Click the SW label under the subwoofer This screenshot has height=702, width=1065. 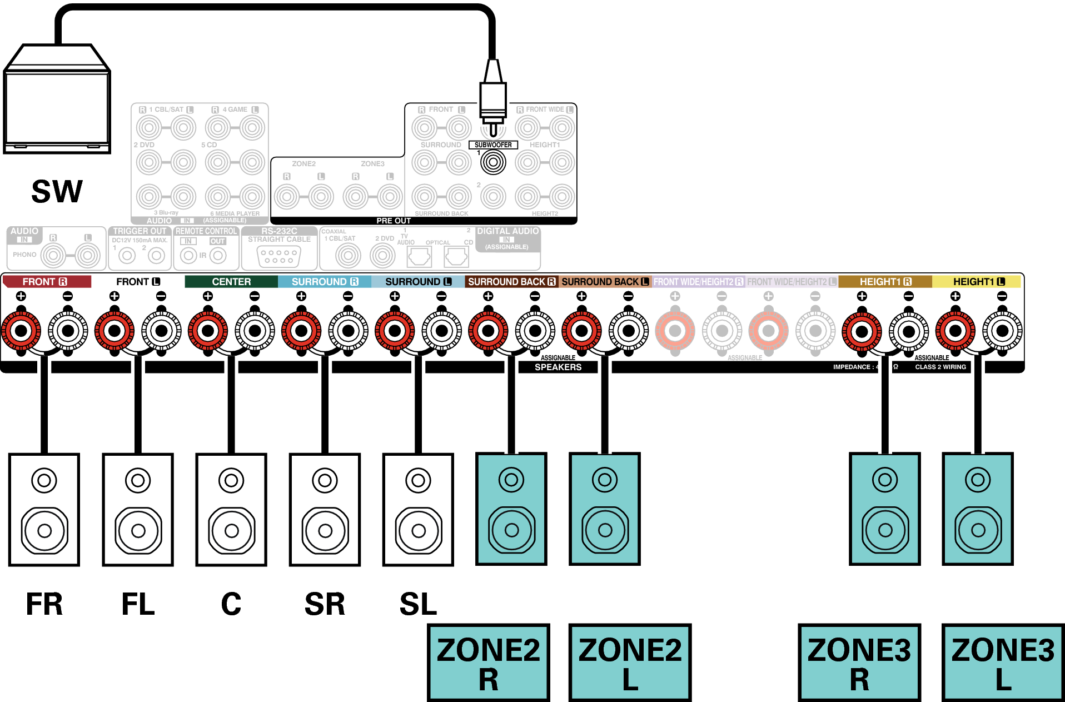tap(57, 191)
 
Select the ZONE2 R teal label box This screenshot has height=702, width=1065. tap(488, 663)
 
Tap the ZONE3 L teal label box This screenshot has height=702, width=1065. tap(1003, 663)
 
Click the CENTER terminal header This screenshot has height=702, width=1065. tap(231, 282)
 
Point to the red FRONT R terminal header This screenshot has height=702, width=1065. tap(46, 282)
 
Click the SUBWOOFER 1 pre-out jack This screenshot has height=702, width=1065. tap(493, 162)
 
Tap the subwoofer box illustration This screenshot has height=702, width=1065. tap(57, 100)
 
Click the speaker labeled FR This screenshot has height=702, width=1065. tap(44, 509)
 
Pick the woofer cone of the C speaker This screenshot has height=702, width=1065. tap(232, 531)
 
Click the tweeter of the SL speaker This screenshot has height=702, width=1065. tap(418, 480)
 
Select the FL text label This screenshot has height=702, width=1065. tap(138, 604)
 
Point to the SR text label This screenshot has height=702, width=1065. tap(325, 604)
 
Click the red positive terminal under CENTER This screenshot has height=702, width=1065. tap(208, 331)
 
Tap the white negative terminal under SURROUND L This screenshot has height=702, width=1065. tap(442, 331)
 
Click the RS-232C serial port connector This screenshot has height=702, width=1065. tap(279, 256)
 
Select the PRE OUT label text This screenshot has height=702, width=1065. tap(394, 221)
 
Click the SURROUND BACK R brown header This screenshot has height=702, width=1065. tap(511, 282)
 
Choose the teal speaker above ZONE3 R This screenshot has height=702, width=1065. tap(884, 509)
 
